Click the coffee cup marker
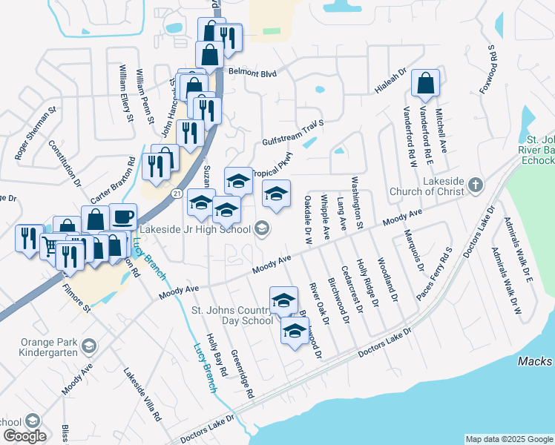123,217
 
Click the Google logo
24,436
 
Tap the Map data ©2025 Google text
508,439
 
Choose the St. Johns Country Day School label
232,315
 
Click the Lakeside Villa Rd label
142,395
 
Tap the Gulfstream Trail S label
294,133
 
